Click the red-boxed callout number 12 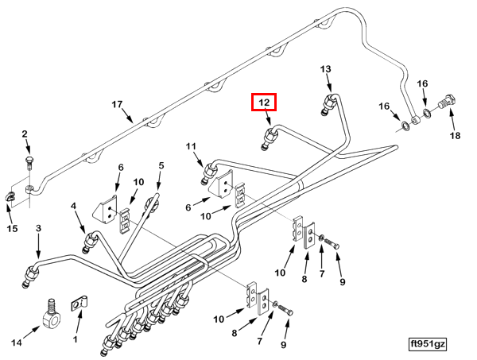coord(264,103)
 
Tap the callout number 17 coord(117,105)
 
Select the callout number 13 coord(325,69)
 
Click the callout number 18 coord(455,136)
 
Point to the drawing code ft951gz coord(428,344)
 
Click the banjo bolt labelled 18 coord(448,102)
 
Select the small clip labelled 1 coord(79,303)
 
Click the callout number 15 coord(12,228)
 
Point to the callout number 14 coord(17,343)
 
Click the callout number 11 coord(192,146)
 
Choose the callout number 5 coord(161,166)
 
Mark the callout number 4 coord(73,206)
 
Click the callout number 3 coord(38,228)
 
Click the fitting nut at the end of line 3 coord(30,275)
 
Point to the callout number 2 coord(25,134)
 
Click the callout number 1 coord(76,339)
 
